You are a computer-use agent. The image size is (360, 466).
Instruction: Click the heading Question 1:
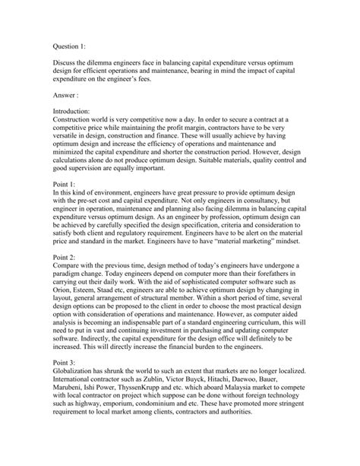(x=72, y=44)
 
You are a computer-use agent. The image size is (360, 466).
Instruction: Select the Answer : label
(x=69, y=97)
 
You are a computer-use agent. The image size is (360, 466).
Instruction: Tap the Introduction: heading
(x=77, y=110)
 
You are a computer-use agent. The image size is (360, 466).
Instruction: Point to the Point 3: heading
(x=67, y=385)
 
